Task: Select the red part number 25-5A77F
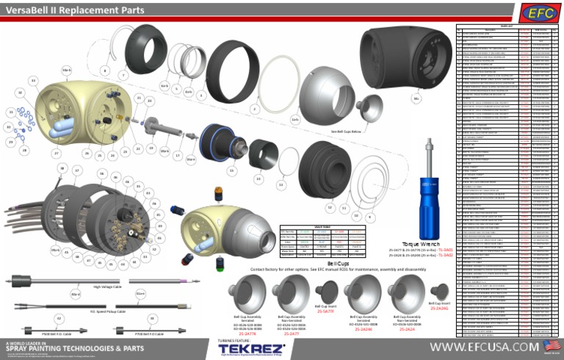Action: pyautogui.click(x=327, y=311)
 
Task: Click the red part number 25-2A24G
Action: pyautogui.click(x=438, y=309)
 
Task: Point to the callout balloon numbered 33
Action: pyautogui.click(x=33, y=79)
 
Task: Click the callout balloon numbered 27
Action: pyautogui.click(x=56, y=153)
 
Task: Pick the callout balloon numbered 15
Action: pyautogui.click(x=232, y=170)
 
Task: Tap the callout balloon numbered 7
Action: pyautogui.click(x=123, y=76)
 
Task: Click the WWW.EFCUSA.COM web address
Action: pyautogui.click(x=485, y=346)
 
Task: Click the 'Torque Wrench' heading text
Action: pyautogui.click(x=420, y=243)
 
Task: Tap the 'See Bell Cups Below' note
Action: pyautogui.click(x=346, y=132)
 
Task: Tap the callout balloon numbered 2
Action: pyautogui.click(x=254, y=109)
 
